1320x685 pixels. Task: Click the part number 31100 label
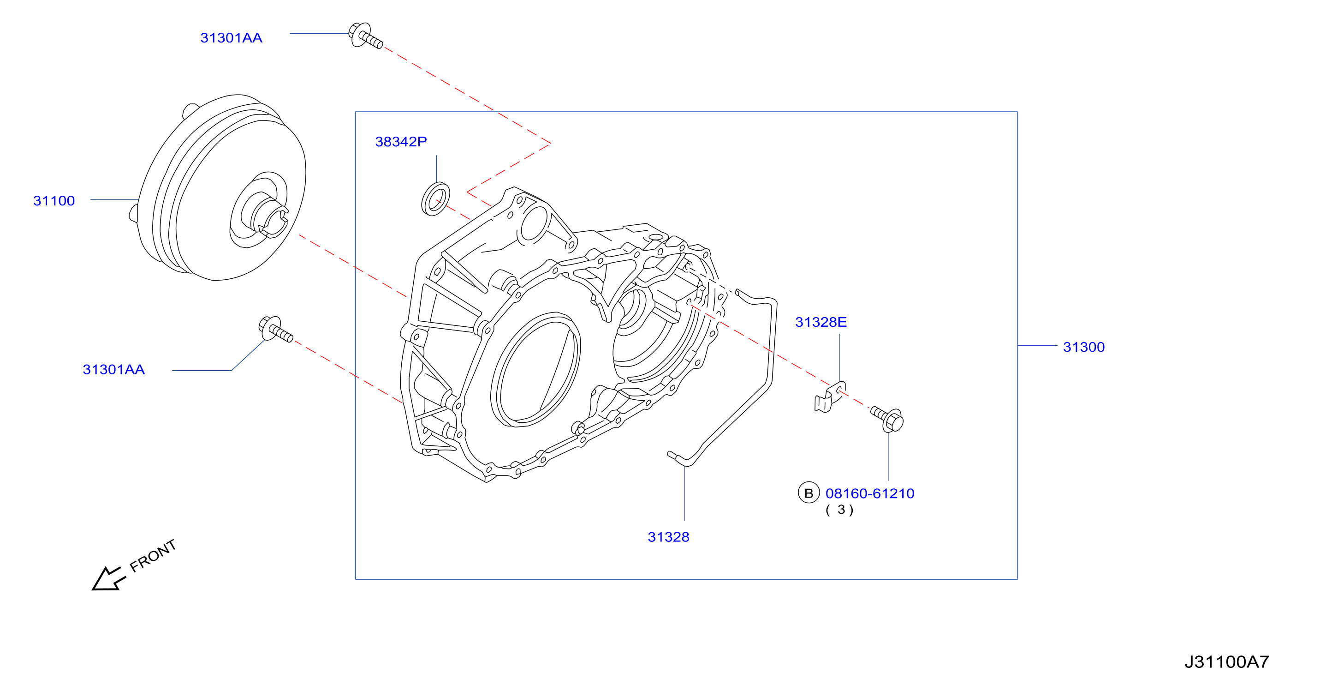click(x=54, y=200)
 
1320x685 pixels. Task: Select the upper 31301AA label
click(x=231, y=38)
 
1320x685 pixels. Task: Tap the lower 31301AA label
click(x=114, y=370)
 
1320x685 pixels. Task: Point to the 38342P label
click(x=401, y=142)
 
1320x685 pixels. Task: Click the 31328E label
click(x=821, y=322)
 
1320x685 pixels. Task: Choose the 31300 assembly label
click(x=1084, y=347)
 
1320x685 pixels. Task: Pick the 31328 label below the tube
click(x=668, y=537)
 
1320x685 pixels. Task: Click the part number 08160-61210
click(x=869, y=493)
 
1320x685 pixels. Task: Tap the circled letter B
click(x=809, y=493)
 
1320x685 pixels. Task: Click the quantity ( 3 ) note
click(x=839, y=510)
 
